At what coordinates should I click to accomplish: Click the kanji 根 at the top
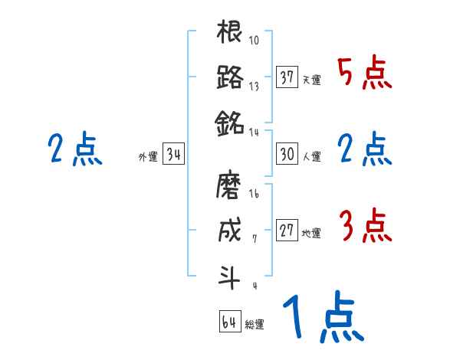coord(230,34)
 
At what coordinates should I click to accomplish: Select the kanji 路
coord(230,78)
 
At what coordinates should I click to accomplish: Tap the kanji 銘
coord(230,122)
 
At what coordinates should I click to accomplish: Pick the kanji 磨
coord(230,187)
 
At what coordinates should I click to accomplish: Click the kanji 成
coord(230,231)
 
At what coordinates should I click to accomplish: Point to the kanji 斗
coord(230,274)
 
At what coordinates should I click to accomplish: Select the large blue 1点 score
coord(322,318)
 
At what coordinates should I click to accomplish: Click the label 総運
coord(254,325)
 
